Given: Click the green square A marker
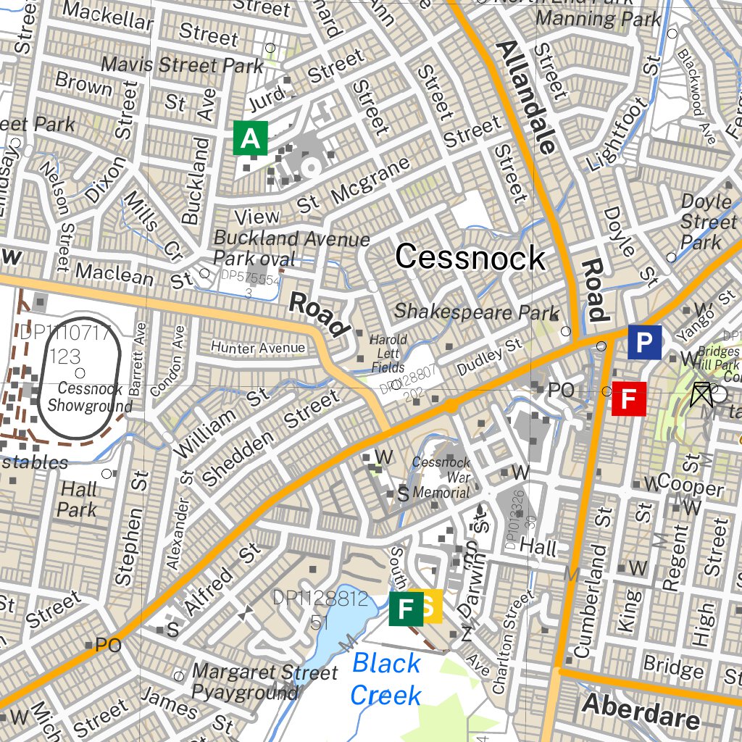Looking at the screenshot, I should pyautogui.click(x=250, y=138).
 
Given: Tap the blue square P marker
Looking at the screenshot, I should pyautogui.click(x=644, y=342).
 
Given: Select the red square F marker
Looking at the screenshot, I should pyautogui.click(x=629, y=399).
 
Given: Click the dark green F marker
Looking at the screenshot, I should pyautogui.click(x=406, y=608).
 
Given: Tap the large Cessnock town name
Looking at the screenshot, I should pyautogui.click(x=470, y=258).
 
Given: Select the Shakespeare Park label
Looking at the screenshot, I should pyautogui.click(x=476, y=312).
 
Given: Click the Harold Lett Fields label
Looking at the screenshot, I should pyautogui.click(x=388, y=353).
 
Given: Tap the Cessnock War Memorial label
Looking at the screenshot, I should pyautogui.click(x=441, y=478).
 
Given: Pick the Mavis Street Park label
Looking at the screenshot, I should pyautogui.click(x=182, y=64).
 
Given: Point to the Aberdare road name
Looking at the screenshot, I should pyautogui.click(x=641, y=711).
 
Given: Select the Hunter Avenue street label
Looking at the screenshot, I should pyautogui.click(x=258, y=349).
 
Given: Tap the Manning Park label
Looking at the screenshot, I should pyautogui.click(x=598, y=19).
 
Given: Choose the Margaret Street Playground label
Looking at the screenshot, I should pyautogui.click(x=264, y=682).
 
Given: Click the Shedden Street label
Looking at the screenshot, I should pyautogui.click(x=270, y=438).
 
